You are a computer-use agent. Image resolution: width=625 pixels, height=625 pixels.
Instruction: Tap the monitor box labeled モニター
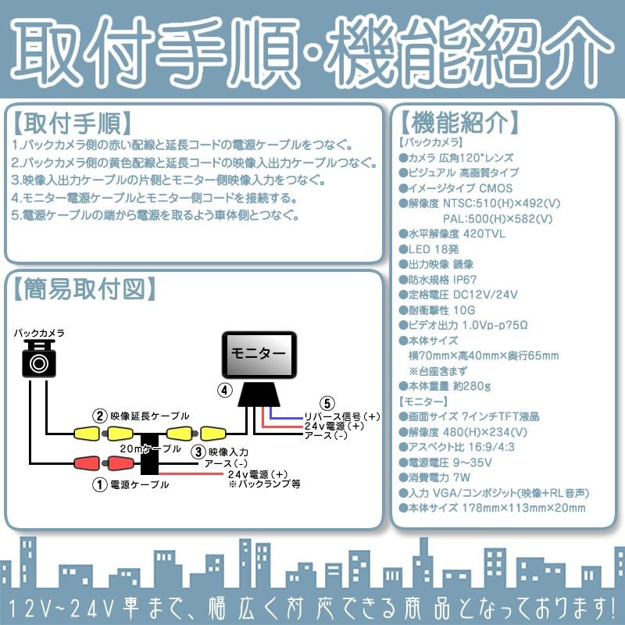click(259, 354)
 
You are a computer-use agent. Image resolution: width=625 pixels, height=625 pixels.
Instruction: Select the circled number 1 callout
click(99, 484)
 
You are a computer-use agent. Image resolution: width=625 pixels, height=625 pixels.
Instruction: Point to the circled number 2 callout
click(99, 416)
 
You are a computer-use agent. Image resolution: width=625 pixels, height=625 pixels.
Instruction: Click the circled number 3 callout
click(198, 451)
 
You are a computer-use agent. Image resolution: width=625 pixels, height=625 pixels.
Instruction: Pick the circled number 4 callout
click(224, 390)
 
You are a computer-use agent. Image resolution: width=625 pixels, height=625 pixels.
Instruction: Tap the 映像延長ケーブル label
click(149, 416)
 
